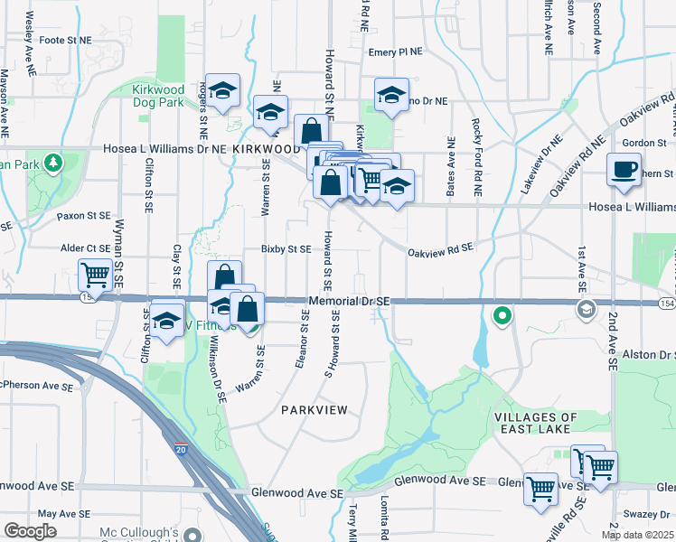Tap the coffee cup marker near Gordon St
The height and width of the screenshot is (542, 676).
624,170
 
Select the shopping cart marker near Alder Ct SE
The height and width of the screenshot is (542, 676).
96,274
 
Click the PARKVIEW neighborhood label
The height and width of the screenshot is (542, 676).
314,410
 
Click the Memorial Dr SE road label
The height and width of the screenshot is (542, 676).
348,301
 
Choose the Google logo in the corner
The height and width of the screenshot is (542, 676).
30,531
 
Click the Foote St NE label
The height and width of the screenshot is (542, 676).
66,41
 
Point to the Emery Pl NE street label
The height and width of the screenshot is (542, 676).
395,52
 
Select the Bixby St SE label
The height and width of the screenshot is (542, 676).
286,248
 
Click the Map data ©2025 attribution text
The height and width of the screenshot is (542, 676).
637,535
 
